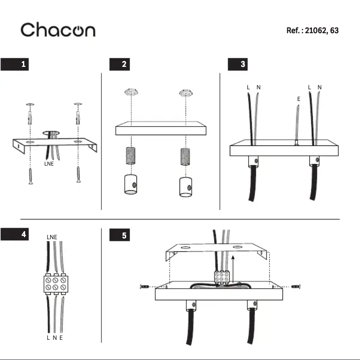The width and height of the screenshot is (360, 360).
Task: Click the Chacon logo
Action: (58, 30)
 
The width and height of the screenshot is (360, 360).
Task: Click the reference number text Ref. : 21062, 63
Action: (312, 31)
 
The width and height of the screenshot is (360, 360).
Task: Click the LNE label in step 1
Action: (49, 164)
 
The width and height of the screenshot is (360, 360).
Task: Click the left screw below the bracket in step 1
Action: (30, 176)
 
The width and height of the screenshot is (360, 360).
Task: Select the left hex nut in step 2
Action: (131, 93)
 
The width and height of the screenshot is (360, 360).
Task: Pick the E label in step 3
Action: (299, 99)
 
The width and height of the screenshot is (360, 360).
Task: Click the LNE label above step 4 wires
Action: (52, 237)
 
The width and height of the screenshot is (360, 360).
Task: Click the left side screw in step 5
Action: (145, 286)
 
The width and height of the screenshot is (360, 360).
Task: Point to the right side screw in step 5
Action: (295, 286)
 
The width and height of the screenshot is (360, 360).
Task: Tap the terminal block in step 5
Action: (222, 277)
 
